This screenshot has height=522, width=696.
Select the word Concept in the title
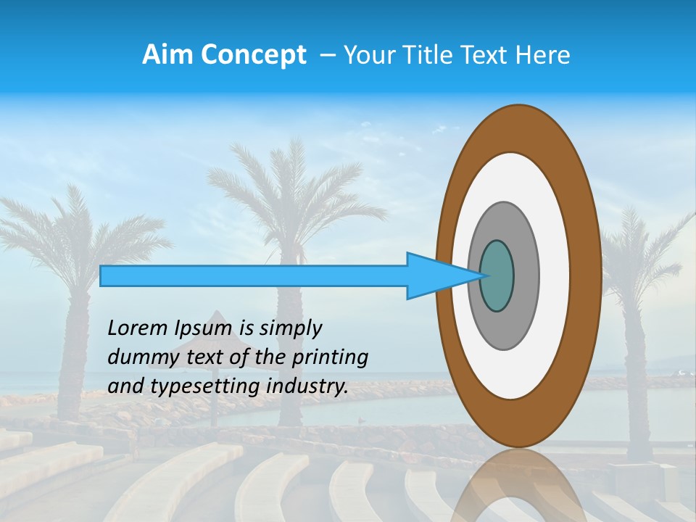[x=253, y=55]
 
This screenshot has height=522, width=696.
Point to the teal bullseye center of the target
[x=497, y=276]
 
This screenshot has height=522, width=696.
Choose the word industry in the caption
[x=307, y=386]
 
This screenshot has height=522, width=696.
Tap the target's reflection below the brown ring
[x=519, y=486]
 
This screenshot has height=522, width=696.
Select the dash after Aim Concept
[x=327, y=56]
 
